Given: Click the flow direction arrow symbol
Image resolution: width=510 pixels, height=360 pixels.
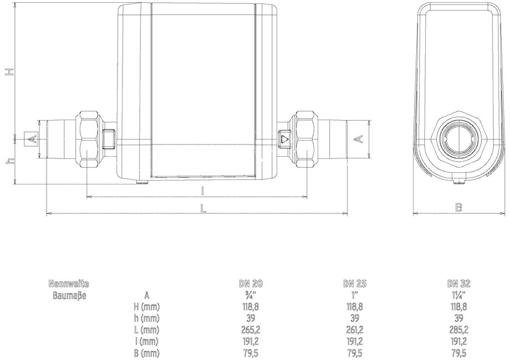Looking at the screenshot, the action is (284, 140).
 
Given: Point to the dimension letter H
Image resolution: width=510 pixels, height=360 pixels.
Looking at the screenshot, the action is (11, 72).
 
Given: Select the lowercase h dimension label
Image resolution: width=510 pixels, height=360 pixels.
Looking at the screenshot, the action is (11, 161).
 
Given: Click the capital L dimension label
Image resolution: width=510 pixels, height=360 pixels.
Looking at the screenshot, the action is (203, 208).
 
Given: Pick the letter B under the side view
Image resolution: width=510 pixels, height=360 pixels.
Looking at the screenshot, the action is (458, 207).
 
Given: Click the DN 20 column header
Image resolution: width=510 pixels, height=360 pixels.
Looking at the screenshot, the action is (251, 284).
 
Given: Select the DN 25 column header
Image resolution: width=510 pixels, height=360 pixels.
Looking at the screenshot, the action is (355, 284).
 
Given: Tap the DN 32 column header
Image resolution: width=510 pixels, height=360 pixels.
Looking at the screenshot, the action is (458, 284).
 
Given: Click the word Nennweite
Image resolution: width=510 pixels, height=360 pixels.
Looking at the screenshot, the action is (69, 284).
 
